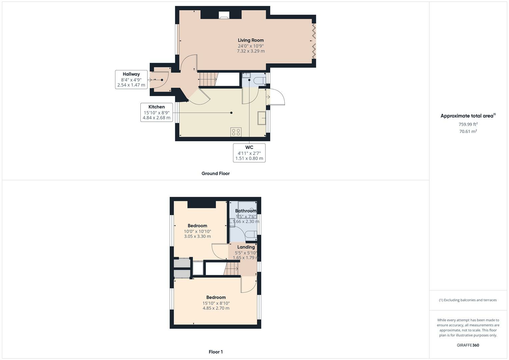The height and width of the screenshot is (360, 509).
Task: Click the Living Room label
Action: point(251,40)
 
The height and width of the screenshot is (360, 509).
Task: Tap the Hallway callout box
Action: point(131,80)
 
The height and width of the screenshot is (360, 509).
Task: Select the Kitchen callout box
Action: point(156,112)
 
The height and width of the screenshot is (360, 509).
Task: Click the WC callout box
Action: point(249,153)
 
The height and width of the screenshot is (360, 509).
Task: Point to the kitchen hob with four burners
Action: point(236,132)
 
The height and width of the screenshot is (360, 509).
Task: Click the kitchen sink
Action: point(262,118)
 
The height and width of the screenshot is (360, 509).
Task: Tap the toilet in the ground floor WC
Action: point(259,81)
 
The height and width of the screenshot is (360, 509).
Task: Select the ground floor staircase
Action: point(208,80)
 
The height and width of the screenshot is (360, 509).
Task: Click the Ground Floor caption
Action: point(215,173)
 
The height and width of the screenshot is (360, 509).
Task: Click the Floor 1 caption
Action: point(215,352)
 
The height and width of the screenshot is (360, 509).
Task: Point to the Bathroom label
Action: point(246,211)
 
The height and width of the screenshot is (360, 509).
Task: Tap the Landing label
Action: point(246,247)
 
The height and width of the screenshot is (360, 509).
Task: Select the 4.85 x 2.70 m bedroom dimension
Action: point(216,308)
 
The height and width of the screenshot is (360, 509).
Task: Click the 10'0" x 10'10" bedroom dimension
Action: point(197,231)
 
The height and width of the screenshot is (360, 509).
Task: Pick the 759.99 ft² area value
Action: point(468,124)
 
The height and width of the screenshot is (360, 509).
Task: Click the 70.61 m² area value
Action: point(468,131)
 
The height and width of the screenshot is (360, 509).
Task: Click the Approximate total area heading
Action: point(468,116)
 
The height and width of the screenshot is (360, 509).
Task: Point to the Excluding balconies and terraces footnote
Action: point(468,300)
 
